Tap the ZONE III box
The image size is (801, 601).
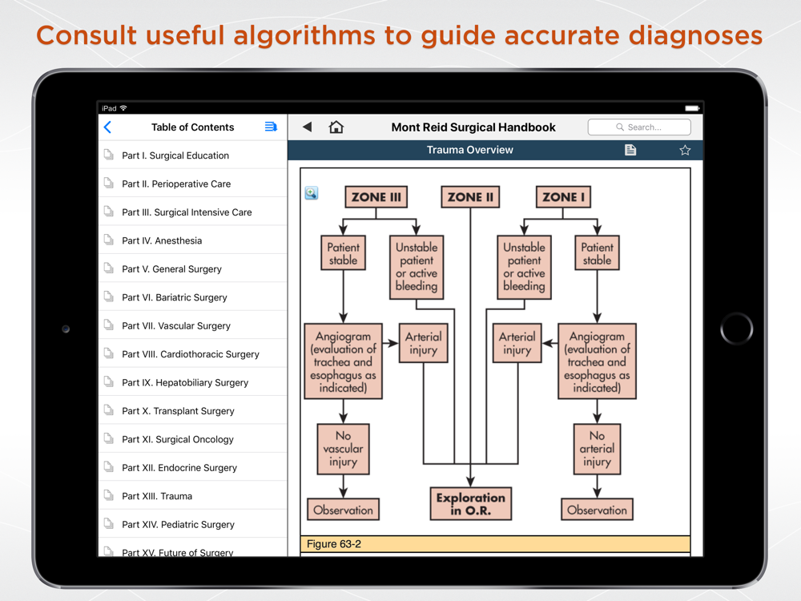tap(376, 197)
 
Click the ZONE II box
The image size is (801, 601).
tap(470, 197)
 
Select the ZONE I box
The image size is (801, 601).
tap(563, 197)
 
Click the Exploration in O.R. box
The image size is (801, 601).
tap(470, 503)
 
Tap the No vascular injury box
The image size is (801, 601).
tap(344, 449)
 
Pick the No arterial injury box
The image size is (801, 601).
tap(597, 449)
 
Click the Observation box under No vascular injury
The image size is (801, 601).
tap(344, 510)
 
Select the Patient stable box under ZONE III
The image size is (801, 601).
tap(344, 253)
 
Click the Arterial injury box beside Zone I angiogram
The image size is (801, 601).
tap(517, 343)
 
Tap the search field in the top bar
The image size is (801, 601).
tap(639, 127)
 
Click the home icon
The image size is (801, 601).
tap(336, 127)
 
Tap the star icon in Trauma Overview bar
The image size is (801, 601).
tap(685, 150)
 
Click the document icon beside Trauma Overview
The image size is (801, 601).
tap(630, 150)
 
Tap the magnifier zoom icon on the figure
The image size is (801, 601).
tap(311, 192)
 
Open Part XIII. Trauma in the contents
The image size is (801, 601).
tap(157, 496)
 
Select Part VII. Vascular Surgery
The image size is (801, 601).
tap(175, 325)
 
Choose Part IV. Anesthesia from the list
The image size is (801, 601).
tap(162, 240)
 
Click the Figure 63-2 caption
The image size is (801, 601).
tap(333, 544)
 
